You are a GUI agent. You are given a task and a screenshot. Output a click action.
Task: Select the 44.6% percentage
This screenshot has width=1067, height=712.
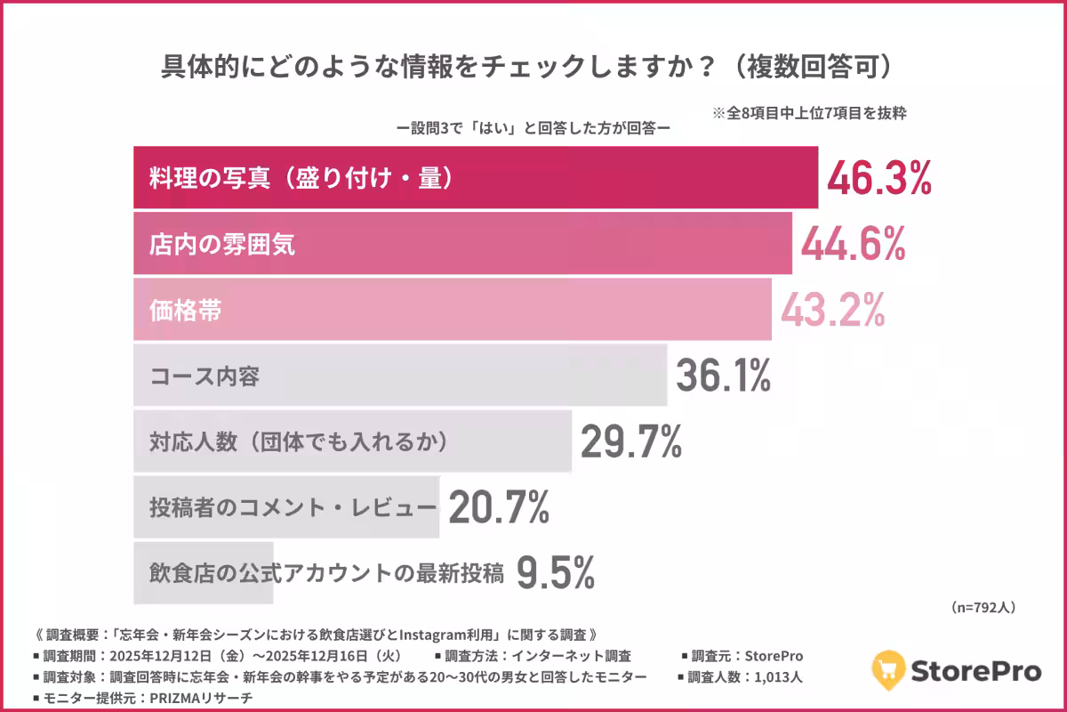point(854,243)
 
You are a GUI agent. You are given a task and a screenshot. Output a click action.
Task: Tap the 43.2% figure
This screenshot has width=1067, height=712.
point(833,309)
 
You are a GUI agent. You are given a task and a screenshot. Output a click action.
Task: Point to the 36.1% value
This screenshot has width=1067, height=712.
point(723,376)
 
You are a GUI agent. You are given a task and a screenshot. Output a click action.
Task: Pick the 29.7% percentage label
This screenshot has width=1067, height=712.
point(631,441)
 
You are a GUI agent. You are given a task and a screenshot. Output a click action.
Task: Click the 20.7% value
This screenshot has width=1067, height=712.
point(499,507)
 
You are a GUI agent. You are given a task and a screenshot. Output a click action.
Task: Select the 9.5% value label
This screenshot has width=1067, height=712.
point(555,573)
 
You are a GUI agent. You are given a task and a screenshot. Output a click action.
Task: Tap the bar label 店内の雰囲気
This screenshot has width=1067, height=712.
point(221,244)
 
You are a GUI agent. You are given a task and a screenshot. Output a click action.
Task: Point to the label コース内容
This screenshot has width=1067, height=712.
point(204,376)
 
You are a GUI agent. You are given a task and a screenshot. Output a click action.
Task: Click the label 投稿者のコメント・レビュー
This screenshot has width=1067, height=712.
point(293,508)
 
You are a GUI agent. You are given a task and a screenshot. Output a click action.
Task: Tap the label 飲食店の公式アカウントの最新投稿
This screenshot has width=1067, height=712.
point(326,574)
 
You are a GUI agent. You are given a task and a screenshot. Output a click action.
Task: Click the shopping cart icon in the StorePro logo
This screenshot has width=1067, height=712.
point(888,668)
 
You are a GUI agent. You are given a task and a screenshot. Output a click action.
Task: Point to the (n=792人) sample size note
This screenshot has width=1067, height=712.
point(983,607)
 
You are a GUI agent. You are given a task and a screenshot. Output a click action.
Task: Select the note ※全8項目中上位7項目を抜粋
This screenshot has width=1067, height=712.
point(808,114)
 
